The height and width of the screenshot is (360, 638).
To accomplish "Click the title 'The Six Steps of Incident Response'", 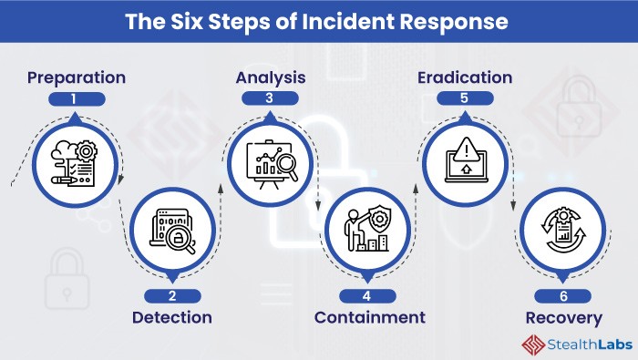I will [318, 20].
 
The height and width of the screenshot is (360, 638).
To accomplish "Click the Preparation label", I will [77, 77].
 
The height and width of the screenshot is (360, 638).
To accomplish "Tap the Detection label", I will [172, 317].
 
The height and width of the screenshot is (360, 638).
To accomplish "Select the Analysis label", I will [270, 77].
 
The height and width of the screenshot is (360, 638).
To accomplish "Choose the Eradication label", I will [465, 77].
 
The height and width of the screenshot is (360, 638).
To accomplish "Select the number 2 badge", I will [171, 295].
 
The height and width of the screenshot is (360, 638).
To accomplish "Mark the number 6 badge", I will [563, 295].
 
